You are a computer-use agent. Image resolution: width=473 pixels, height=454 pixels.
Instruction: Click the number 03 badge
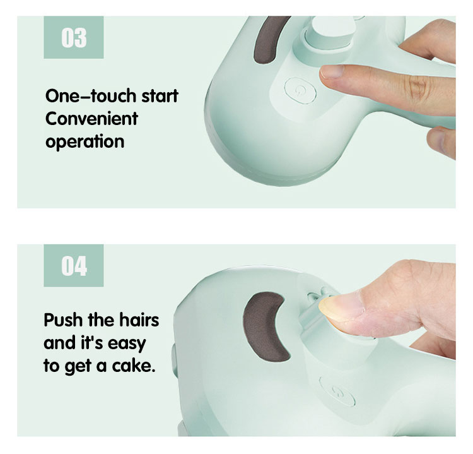(74, 37)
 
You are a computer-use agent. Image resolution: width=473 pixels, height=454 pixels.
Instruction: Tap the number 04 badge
(74, 265)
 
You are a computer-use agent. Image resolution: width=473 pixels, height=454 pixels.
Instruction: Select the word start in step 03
(160, 96)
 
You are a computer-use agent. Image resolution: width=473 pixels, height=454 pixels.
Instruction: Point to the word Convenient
(91, 119)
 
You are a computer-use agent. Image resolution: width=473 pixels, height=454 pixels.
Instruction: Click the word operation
(85, 141)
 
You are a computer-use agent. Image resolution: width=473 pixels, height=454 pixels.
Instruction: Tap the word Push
(62, 320)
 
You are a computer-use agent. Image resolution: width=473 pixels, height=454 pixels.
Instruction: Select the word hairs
(139, 320)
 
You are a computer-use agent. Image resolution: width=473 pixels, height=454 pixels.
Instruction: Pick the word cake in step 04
(134, 366)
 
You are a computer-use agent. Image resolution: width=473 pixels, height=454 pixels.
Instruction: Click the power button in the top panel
(300, 90)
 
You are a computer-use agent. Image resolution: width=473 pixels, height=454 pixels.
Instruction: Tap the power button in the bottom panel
(337, 392)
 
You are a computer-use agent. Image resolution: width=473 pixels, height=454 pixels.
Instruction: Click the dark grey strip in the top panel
(269, 40)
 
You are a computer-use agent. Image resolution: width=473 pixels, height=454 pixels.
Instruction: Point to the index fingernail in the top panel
(332, 72)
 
